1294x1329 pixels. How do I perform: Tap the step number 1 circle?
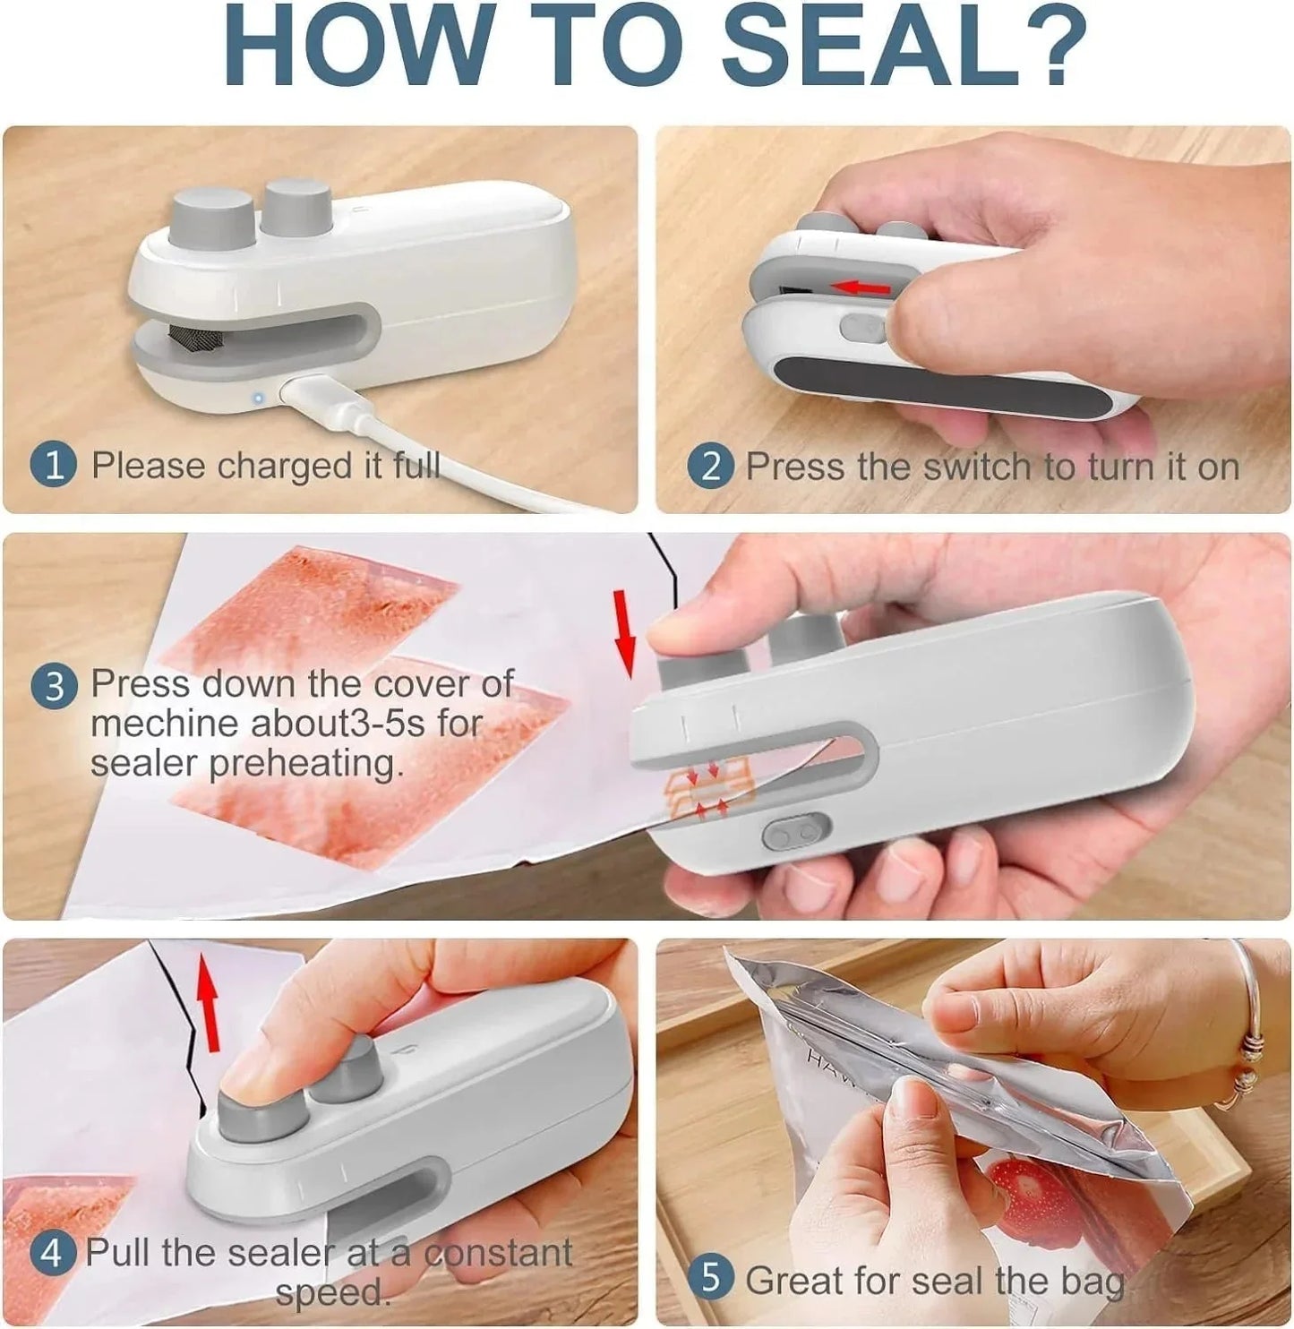pyautogui.click(x=55, y=467)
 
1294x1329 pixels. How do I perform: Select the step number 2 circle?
pyautogui.click(x=711, y=467)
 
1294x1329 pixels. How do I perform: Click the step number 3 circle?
pyautogui.click(x=55, y=687)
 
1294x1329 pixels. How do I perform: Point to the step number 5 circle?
pyautogui.click(x=711, y=1278)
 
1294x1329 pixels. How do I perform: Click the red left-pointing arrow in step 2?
pyautogui.click(x=861, y=287)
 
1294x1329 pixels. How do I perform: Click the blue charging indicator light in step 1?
pyautogui.click(x=258, y=398)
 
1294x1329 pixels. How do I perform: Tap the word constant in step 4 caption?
pyautogui.click(x=498, y=1252)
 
